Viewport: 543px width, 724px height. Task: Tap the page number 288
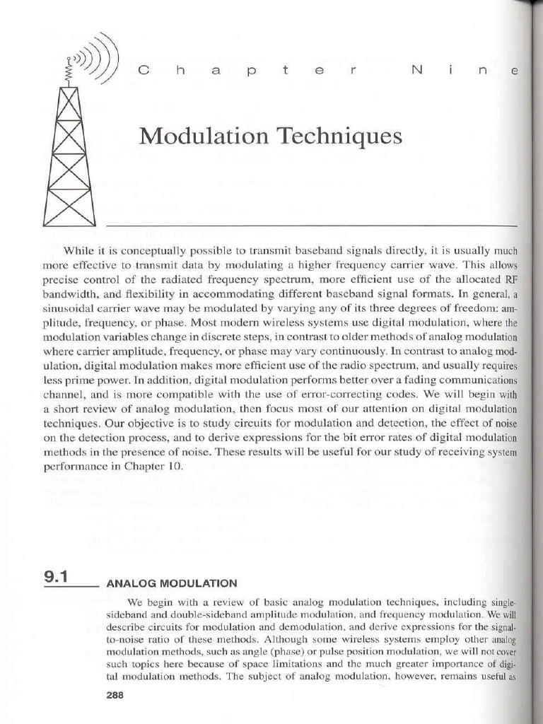pos(114,695)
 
